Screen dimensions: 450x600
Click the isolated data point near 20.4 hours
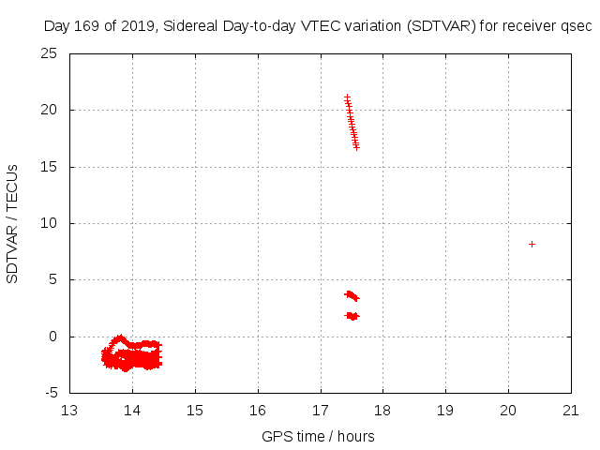[532, 244]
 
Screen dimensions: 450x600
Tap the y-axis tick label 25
[50, 53]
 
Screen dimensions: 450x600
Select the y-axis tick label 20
[50, 110]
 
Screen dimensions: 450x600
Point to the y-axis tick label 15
[50, 167]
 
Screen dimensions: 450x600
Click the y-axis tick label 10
[50, 223]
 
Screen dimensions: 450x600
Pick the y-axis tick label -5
[50, 393]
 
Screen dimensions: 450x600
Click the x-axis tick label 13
[69, 410]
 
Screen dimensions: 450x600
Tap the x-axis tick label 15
[195, 410]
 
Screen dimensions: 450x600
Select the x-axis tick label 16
[258, 410]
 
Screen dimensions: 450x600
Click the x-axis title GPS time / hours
[318, 436]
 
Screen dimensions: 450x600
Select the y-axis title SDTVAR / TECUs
[13, 224]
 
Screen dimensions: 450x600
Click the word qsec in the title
[577, 26]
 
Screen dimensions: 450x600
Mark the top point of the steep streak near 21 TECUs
[347, 97]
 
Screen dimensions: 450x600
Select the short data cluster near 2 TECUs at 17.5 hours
[352, 316]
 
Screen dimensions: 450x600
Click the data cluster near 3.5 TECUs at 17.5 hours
[352, 296]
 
